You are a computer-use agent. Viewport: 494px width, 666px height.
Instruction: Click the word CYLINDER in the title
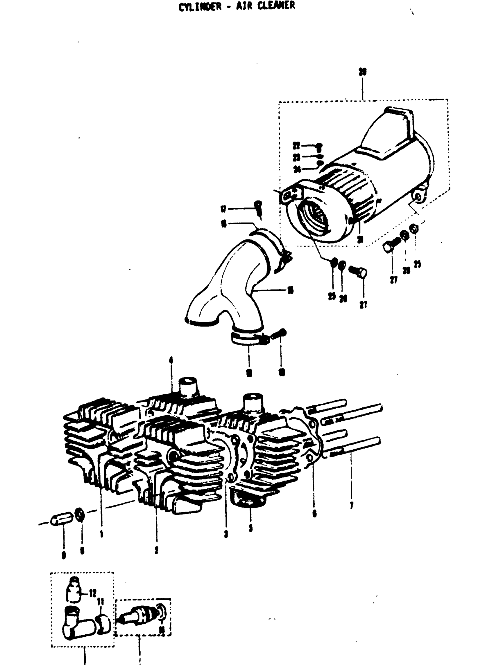(200, 7)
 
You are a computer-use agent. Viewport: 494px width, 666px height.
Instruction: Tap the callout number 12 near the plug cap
(93, 593)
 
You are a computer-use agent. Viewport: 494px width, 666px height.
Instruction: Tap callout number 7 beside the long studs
(352, 506)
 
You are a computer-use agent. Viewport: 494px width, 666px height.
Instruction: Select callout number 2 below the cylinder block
(156, 550)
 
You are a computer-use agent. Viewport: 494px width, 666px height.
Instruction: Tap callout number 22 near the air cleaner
(296, 146)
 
